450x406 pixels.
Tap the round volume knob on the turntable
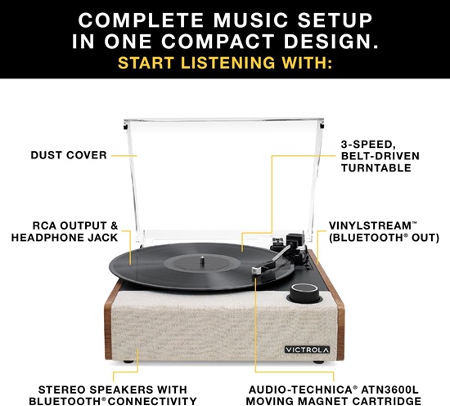click(x=304, y=292)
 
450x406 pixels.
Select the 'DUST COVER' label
click(x=69, y=154)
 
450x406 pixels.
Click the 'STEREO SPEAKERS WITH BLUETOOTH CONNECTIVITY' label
click(x=114, y=395)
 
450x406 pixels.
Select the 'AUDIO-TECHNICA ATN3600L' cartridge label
click(x=340, y=395)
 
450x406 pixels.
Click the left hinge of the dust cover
click(x=124, y=125)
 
